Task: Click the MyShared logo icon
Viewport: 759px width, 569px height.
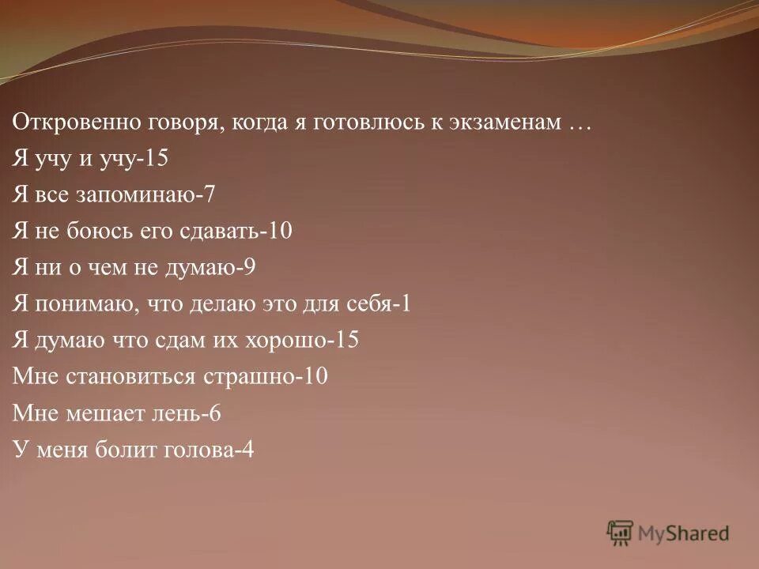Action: click(621, 533)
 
